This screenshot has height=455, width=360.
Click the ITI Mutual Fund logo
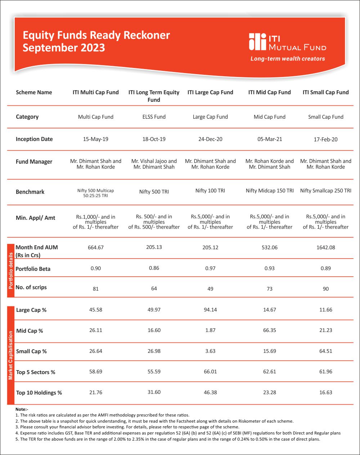click(x=287, y=42)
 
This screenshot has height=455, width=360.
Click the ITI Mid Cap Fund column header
click(x=269, y=92)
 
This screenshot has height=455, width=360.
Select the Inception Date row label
click(x=34, y=139)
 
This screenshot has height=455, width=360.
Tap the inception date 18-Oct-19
click(x=154, y=139)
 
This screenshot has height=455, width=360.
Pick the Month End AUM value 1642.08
click(x=325, y=247)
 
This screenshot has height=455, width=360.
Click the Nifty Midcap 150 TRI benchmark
click(x=269, y=191)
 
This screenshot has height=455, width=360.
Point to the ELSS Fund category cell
click(x=154, y=117)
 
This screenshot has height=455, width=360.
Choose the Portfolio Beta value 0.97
click(x=210, y=268)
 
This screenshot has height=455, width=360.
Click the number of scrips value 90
click(x=325, y=289)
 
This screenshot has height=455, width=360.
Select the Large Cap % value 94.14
click(x=210, y=310)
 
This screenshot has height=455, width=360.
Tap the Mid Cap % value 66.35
click(x=269, y=330)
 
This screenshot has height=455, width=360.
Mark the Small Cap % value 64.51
click(x=325, y=351)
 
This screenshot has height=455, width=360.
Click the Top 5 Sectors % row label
click(x=36, y=372)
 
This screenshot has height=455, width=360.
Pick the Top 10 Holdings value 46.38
click(x=210, y=392)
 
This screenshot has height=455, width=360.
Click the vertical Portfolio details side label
click(x=11, y=270)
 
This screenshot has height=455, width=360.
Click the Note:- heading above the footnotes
click(x=22, y=409)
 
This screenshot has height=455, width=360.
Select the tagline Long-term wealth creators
click(x=288, y=59)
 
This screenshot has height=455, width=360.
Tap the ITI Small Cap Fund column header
click(x=325, y=92)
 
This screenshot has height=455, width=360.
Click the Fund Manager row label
click(x=34, y=162)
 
